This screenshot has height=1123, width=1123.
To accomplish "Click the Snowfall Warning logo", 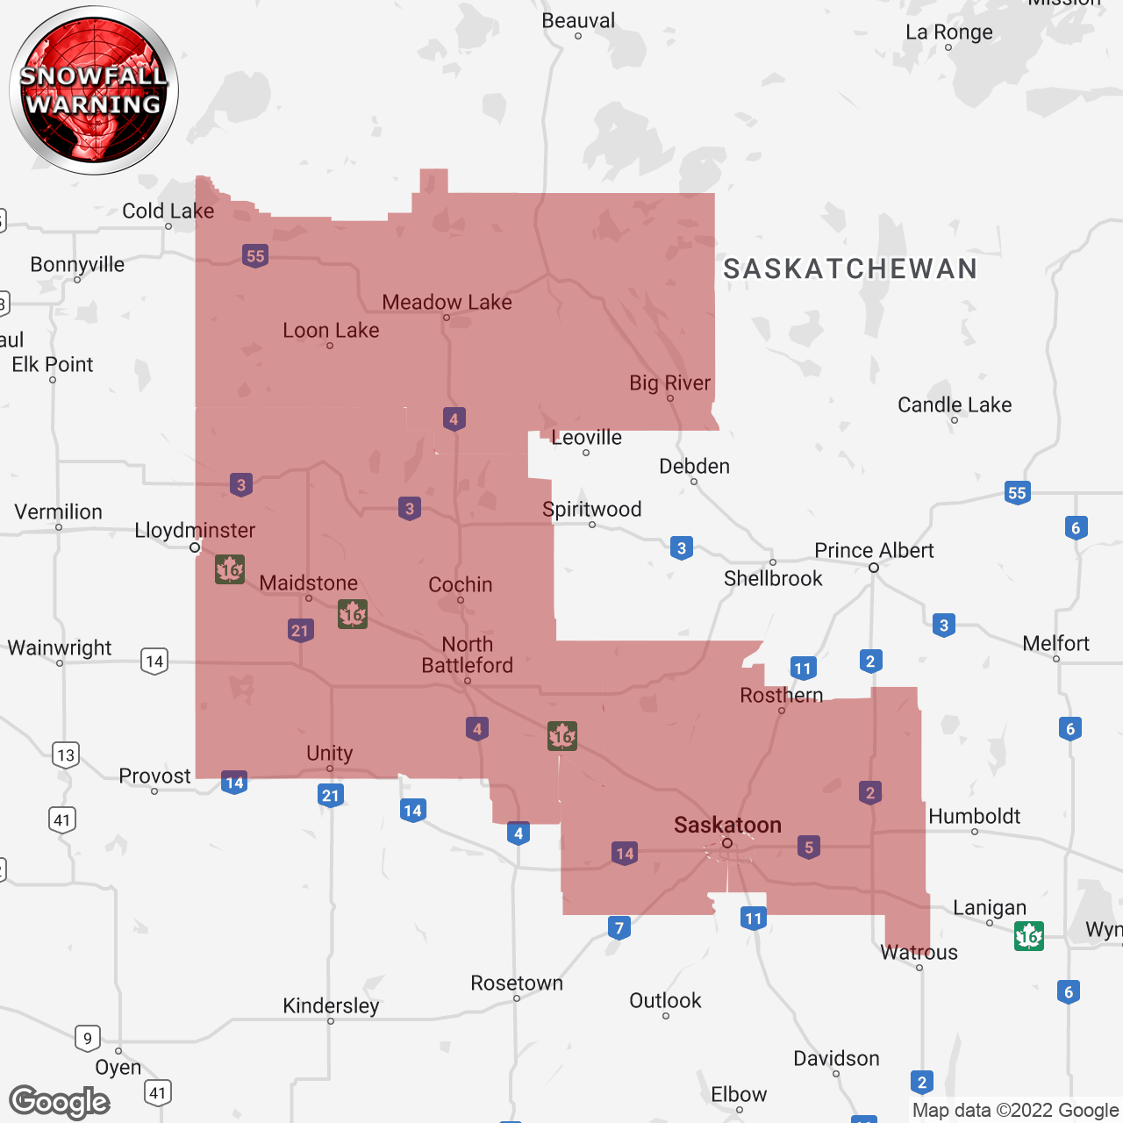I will click(94, 90).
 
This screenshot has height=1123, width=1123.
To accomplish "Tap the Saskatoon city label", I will click(727, 825).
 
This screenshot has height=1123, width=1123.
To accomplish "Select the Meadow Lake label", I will click(447, 302).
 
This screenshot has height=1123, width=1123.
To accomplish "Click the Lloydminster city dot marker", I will click(195, 547).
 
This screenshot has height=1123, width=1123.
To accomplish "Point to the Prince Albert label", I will click(874, 550).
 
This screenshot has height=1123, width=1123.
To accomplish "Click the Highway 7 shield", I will click(619, 927).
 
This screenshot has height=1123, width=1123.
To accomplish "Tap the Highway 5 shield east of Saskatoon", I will click(809, 847).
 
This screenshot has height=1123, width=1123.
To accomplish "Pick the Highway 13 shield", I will click(66, 755).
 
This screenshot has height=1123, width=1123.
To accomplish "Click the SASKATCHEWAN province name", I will click(850, 268).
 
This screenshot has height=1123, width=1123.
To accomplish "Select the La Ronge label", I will click(949, 32).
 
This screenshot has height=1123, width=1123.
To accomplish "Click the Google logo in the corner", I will click(60, 1102).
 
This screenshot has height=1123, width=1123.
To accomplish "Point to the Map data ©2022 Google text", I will click(1015, 1110).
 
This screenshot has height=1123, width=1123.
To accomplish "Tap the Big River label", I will click(669, 383).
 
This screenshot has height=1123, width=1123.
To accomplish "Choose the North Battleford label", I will click(468, 654).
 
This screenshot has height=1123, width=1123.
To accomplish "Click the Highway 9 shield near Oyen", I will click(88, 1039).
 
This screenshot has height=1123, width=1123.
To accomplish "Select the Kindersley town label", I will click(331, 1005).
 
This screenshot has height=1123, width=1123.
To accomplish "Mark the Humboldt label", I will click(974, 816).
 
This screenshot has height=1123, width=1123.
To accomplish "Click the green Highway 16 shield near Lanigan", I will click(1028, 936).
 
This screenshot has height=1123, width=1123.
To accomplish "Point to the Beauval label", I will click(578, 20).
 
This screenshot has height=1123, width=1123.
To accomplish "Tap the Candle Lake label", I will click(955, 404).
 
